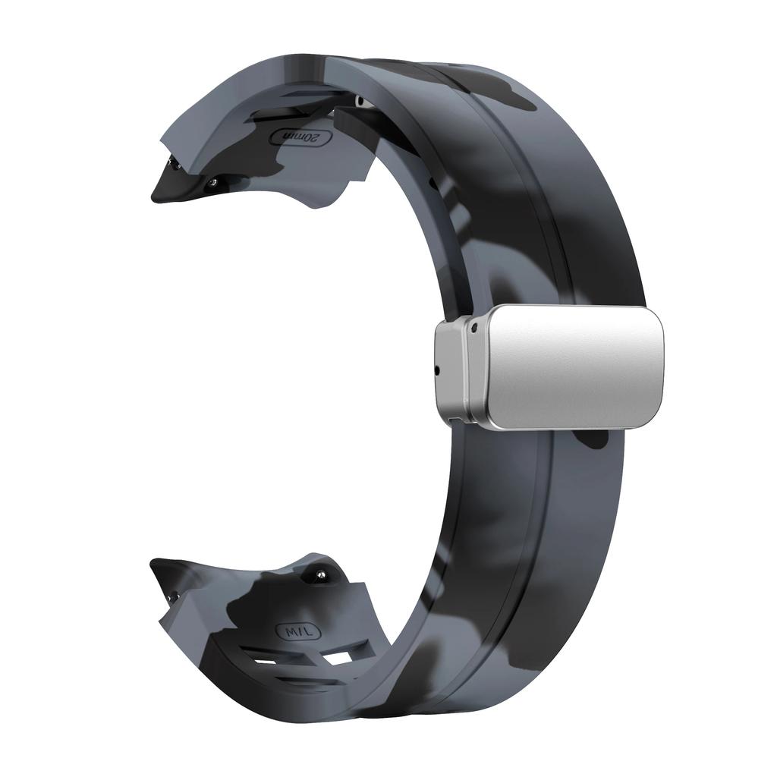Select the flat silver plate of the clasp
[574, 366]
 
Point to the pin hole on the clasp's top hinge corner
[473, 329]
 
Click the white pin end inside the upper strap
[362, 102]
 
